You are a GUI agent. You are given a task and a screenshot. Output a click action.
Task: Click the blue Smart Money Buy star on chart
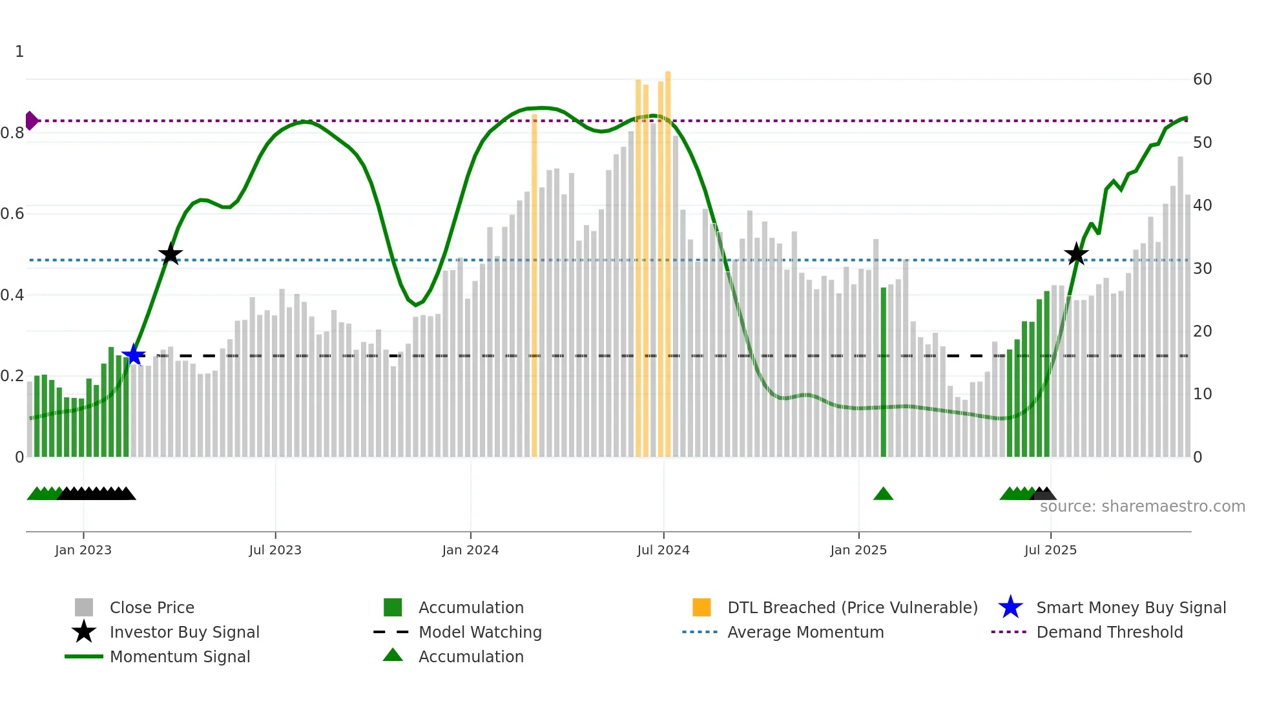(x=134, y=355)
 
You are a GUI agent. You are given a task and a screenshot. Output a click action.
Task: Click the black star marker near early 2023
(x=171, y=255)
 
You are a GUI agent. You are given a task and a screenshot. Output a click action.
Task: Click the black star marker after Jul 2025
(x=1076, y=255)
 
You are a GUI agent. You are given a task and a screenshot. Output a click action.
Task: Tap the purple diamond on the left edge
(x=31, y=121)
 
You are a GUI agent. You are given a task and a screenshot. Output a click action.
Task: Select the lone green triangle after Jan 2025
(x=883, y=494)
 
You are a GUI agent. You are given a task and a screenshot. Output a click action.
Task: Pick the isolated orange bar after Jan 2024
(x=534, y=284)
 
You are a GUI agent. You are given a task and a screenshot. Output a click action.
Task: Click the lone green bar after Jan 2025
(x=884, y=372)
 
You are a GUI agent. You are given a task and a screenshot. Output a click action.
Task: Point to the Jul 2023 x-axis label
(x=275, y=550)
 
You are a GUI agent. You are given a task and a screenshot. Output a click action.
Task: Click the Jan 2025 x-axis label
(x=858, y=550)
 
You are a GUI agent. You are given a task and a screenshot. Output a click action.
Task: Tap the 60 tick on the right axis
(x=1202, y=79)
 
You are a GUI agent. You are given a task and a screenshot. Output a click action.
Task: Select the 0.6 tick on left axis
(x=12, y=214)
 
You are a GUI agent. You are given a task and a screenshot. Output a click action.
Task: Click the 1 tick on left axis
(x=19, y=52)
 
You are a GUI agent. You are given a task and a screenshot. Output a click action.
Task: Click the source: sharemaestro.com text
(x=1142, y=507)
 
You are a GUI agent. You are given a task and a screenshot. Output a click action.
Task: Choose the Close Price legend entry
(x=151, y=607)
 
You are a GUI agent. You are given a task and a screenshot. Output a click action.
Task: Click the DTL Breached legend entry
(x=852, y=607)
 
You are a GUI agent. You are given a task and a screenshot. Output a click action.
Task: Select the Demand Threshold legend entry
(x=1109, y=632)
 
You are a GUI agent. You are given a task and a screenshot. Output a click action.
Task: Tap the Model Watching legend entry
(x=479, y=632)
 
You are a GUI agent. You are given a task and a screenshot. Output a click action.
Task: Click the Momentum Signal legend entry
(x=180, y=656)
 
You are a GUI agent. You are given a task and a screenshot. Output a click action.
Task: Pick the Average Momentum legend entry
(x=805, y=632)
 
